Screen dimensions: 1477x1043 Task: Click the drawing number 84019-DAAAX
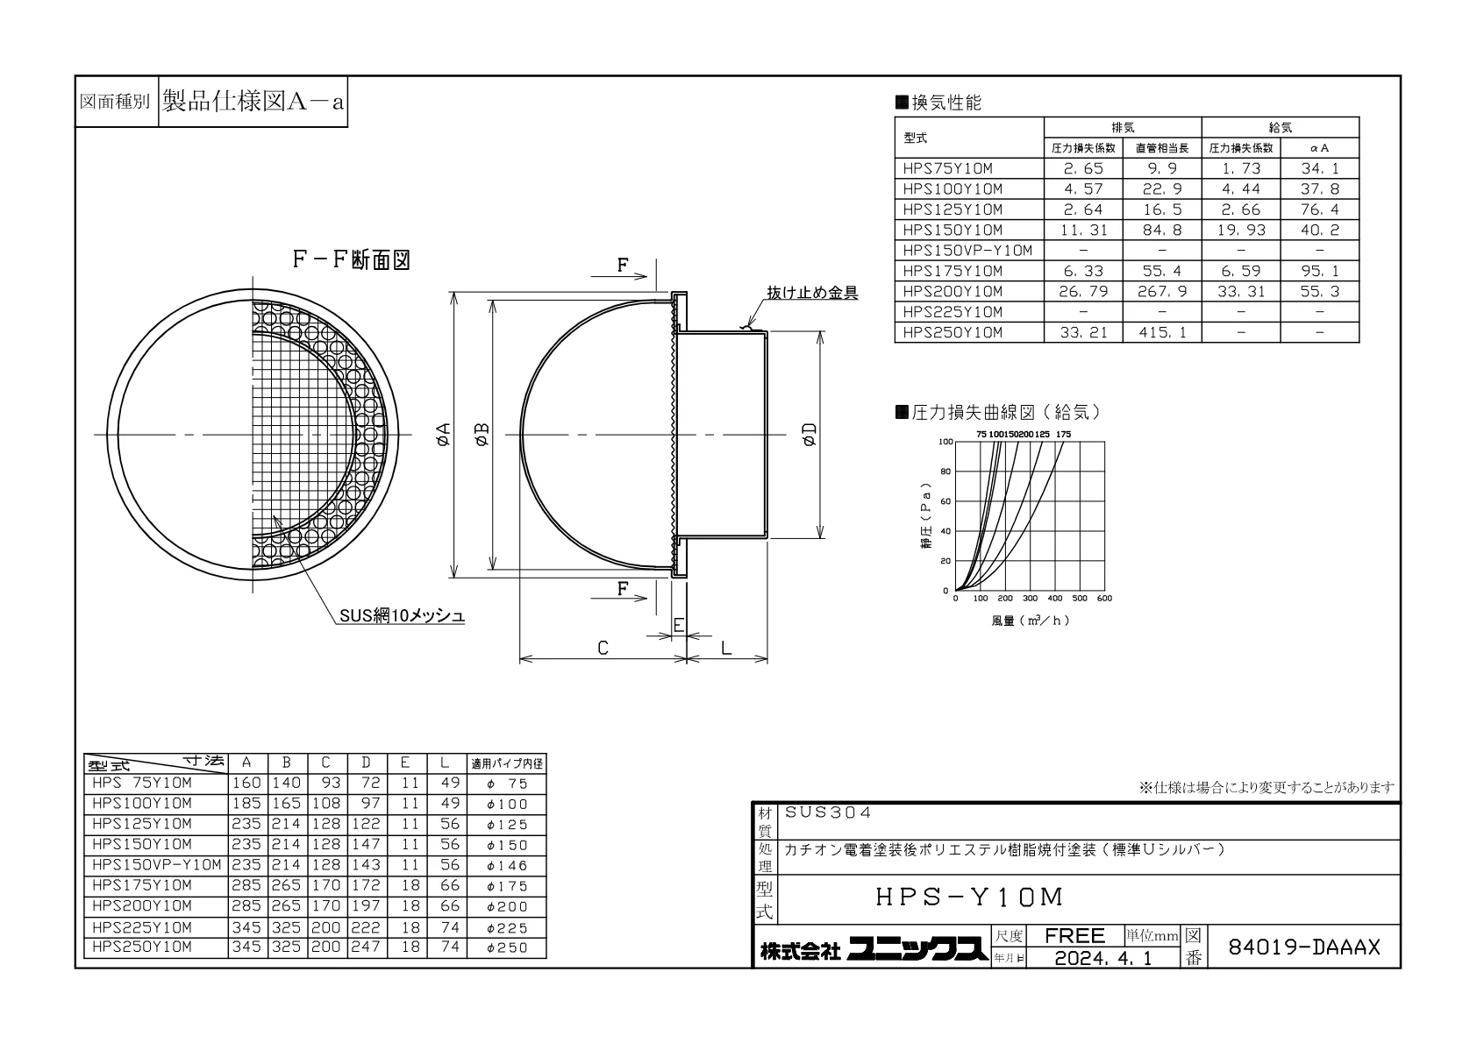[x=1303, y=947]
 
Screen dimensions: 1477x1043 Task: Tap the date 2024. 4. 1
[x=1103, y=958]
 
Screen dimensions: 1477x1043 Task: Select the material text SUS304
[x=827, y=812]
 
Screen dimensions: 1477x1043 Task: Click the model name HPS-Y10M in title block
[x=969, y=897]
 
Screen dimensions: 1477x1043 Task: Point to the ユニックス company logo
[x=917, y=949]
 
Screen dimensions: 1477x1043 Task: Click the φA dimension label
[x=443, y=434]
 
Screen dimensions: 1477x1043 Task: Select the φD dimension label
[x=810, y=434]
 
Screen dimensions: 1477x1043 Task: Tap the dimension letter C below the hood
[x=603, y=649]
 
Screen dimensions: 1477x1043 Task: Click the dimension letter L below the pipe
[x=726, y=649]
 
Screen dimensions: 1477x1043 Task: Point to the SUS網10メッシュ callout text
[x=403, y=616]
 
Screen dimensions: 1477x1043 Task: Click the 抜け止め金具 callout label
[x=812, y=293]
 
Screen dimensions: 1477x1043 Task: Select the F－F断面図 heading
[x=352, y=260]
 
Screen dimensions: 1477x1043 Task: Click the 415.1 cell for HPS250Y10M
[x=1162, y=333]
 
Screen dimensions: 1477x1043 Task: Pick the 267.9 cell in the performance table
[x=1162, y=292]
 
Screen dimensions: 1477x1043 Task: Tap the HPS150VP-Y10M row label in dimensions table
[x=157, y=864]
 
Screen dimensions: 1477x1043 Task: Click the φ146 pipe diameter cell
[x=507, y=865]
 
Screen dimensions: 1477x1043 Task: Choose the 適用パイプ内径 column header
[x=507, y=763]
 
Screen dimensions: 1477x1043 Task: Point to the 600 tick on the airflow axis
[x=1104, y=599]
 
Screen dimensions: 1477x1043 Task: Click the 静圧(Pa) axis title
[x=927, y=516]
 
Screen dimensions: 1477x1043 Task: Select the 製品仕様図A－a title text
[x=253, y=102]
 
